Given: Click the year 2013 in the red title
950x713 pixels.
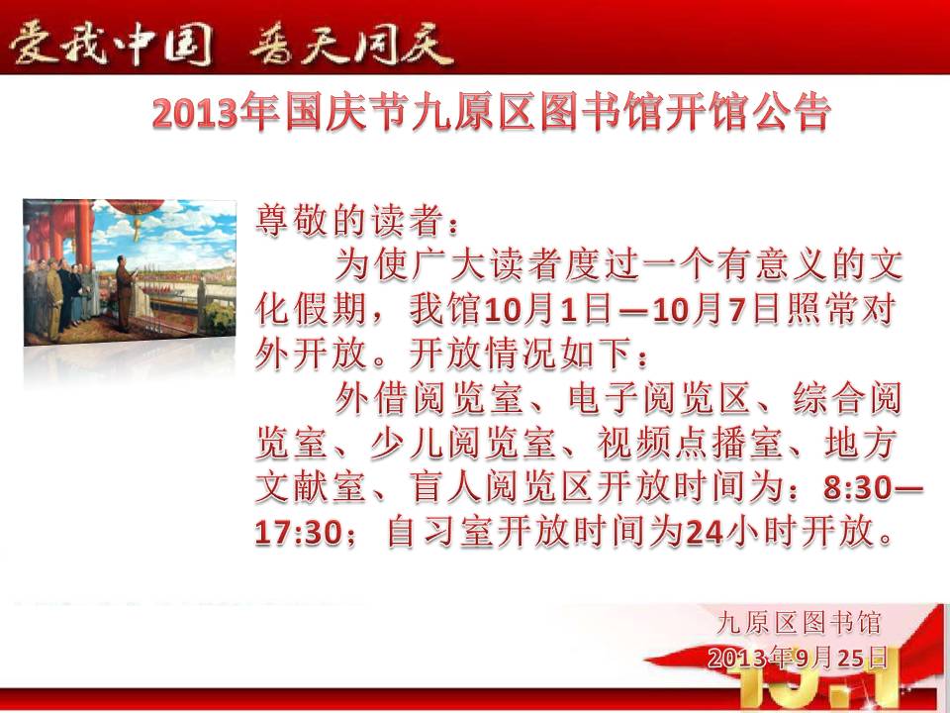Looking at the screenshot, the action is click(194, 113).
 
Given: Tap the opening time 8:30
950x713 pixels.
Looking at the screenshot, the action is click(857, 487).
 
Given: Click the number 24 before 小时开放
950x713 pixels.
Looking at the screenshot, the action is click(705, 533).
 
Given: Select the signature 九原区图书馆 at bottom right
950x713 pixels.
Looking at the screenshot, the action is click(799, 623).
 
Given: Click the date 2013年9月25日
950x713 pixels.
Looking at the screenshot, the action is click(798, 658).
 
